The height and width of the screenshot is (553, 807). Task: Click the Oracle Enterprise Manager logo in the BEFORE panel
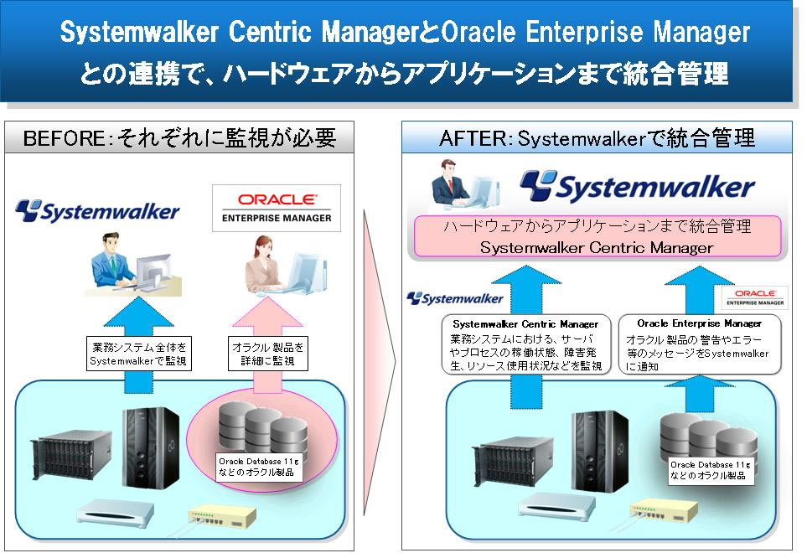277,208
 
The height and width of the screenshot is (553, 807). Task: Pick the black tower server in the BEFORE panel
151,445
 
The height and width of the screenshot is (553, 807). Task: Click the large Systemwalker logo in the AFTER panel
637,187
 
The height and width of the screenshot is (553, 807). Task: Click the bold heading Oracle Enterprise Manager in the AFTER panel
699,323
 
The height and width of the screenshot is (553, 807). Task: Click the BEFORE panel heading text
179,137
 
